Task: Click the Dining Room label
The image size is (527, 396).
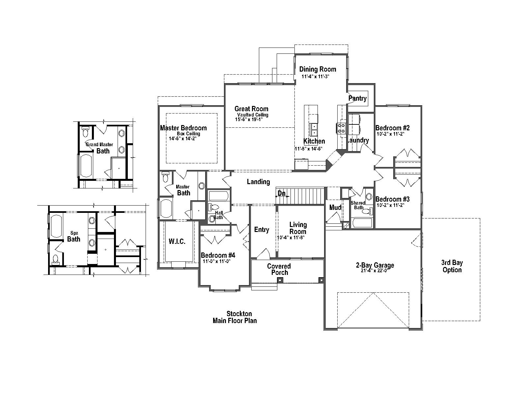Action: (318, 69)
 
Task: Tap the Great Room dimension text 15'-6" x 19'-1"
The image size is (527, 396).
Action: (249, 119)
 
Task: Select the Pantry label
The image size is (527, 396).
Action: (357, 98)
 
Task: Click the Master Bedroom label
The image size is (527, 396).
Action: (183, 128)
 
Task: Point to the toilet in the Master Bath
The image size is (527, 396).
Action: (166, 178)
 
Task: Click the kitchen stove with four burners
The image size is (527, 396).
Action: (341, 127)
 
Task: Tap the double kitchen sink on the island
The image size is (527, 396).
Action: (314, 130)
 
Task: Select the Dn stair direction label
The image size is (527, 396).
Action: (282, 194)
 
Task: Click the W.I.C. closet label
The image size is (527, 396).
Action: (177, 242)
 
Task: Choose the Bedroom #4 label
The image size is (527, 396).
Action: (218, 255)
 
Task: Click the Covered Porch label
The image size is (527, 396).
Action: (279, 269)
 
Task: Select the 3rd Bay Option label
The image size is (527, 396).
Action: (452, 266)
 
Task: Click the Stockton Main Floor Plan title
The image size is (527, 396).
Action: (235, 317)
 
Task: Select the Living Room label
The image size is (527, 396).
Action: (298, 228)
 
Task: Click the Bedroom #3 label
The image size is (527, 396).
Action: (392, 199)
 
